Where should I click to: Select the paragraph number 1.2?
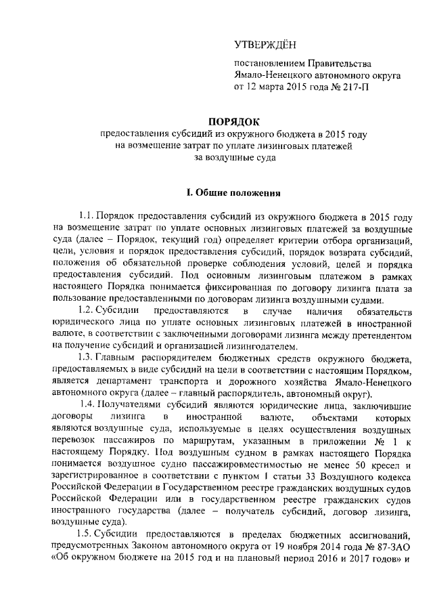pos(90,310)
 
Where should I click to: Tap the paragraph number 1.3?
pos(90,358)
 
